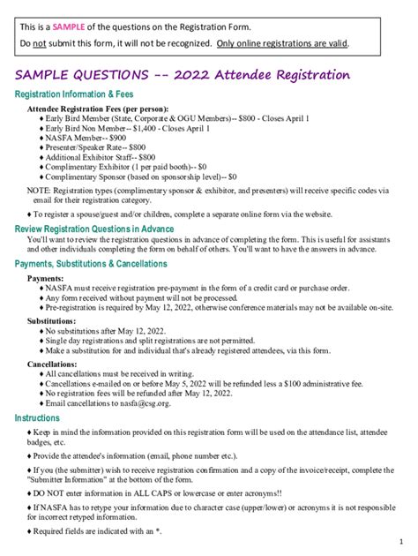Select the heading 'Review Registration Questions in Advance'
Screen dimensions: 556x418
point(101,229)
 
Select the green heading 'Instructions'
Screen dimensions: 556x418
point(38,418)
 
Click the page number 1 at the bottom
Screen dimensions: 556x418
point(399,540)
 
